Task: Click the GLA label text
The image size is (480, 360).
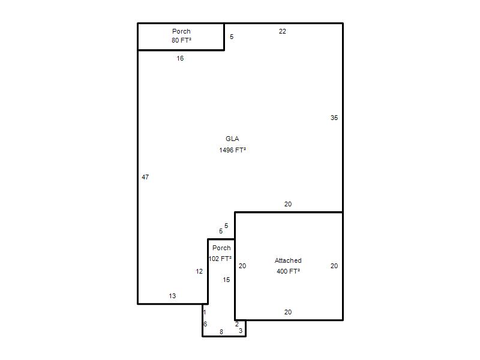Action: tap(232, 139)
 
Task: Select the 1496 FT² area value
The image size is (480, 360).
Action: tap(232, 150)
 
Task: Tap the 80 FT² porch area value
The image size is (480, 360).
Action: tap(181, 40)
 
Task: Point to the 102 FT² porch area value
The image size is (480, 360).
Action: tap(220, 259)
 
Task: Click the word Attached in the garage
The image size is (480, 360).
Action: tap(288, 260)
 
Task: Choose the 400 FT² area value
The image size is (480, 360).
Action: tap(288, 271)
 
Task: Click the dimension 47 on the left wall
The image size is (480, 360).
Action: tap(145, 177)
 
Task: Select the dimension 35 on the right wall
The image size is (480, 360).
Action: tap(334, 118)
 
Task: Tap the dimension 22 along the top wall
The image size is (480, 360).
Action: tap(282, 31)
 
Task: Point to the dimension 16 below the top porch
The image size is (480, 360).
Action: tap(180, 58)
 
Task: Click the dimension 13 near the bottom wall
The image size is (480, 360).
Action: tap(172, 296)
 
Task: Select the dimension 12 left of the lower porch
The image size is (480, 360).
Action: tap(199, 271)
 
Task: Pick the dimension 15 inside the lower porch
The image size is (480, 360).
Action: tap(226, 280)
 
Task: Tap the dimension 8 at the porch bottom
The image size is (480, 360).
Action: tap(221, 332)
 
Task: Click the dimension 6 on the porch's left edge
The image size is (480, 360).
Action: tap(205, 324)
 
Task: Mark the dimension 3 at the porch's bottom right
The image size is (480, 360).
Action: tap(241, 331)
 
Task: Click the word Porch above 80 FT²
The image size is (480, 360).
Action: tap(181, 31)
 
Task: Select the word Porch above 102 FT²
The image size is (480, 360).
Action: tap(221, 248)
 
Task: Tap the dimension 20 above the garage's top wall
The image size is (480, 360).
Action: tap(288, 204)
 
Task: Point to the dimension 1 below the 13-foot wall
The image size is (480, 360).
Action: tap(205, 312)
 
